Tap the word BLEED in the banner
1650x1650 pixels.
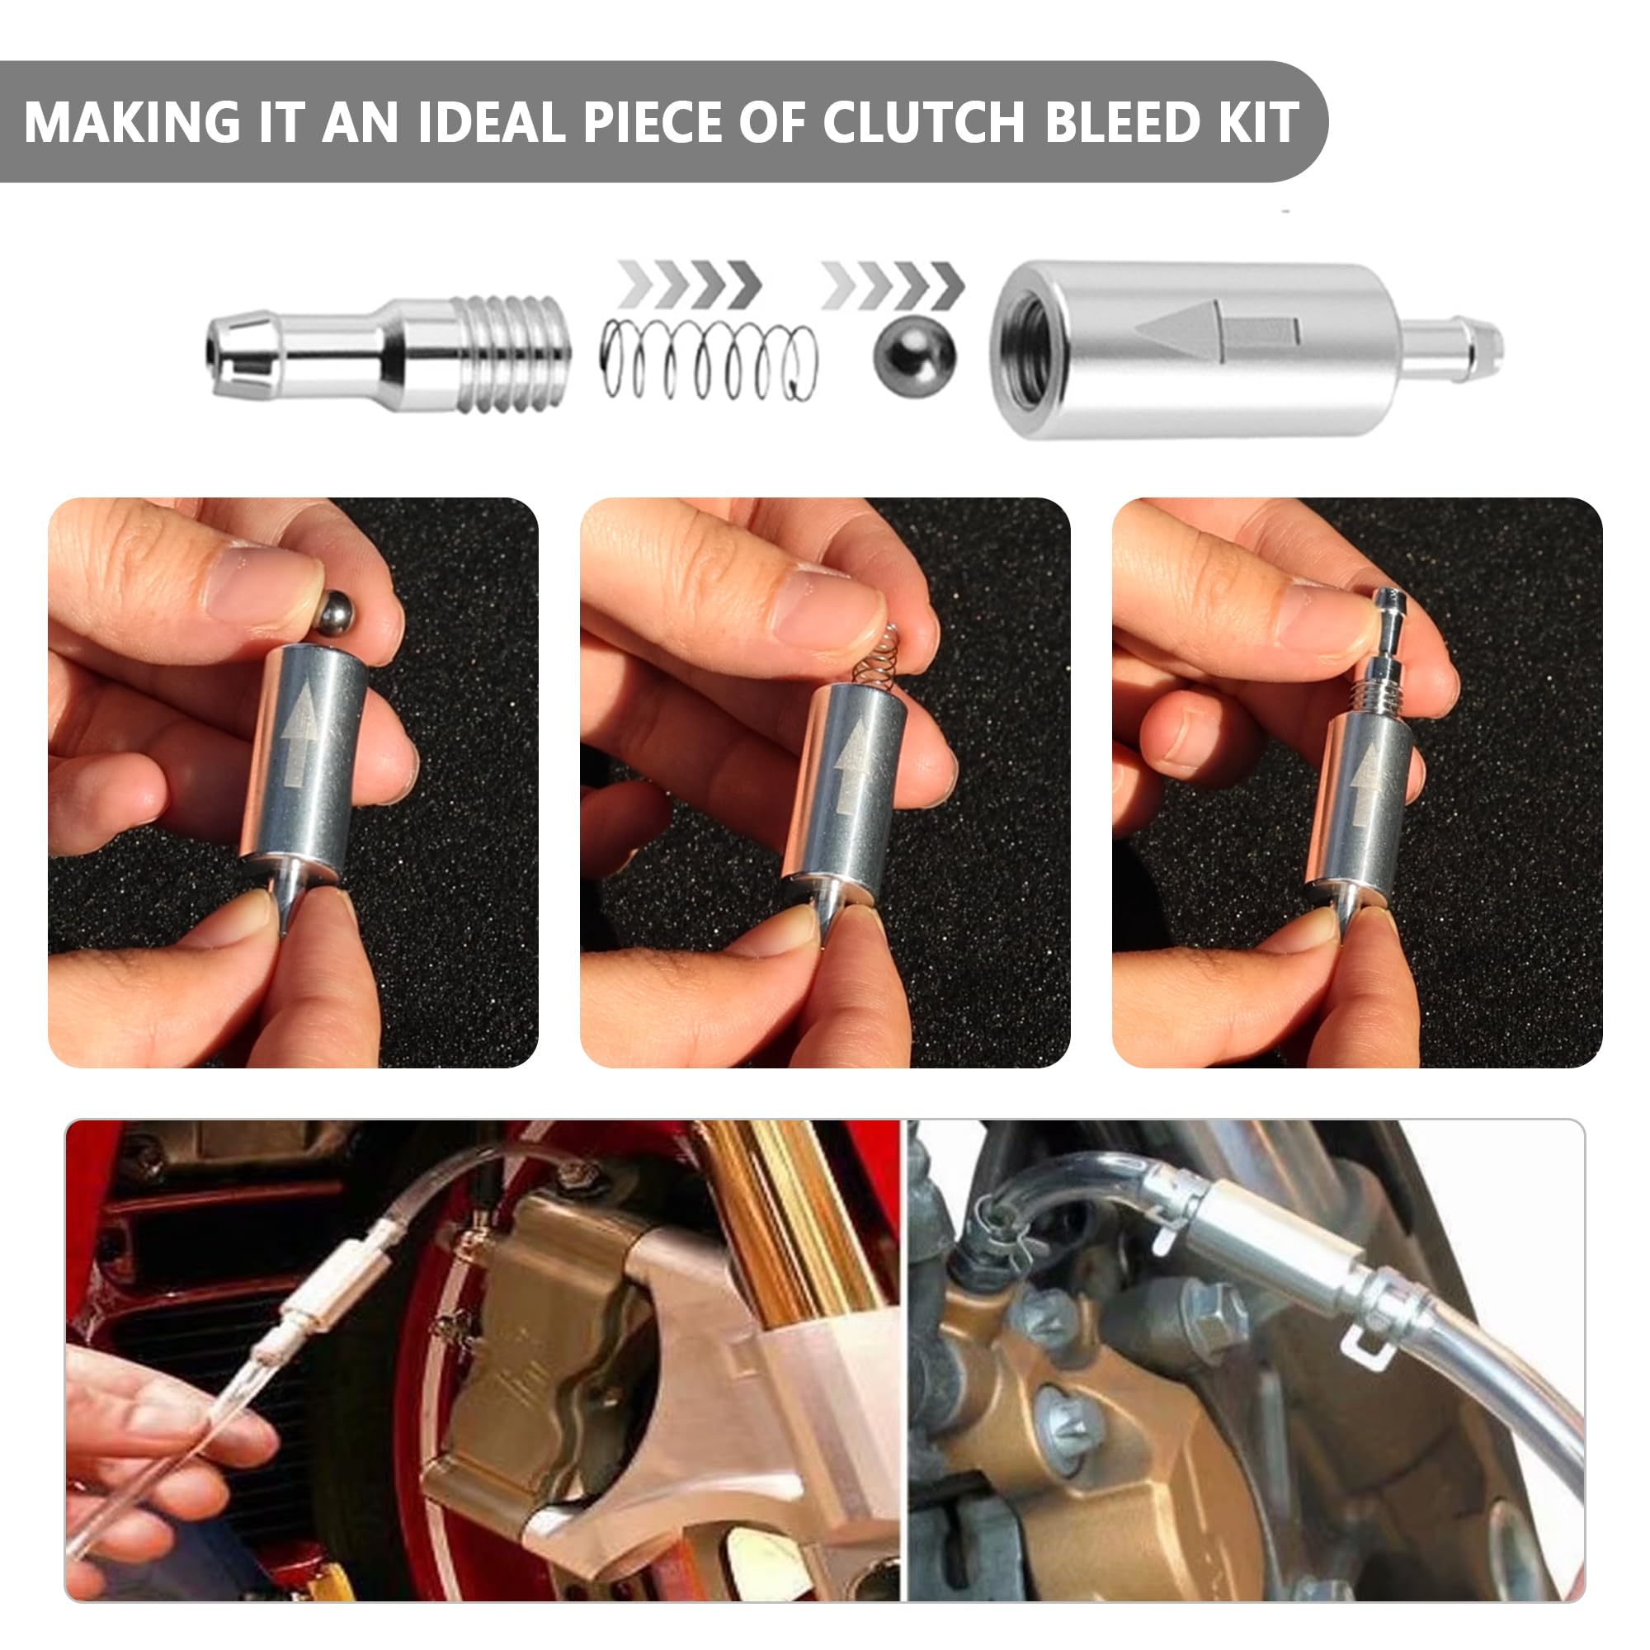1123,122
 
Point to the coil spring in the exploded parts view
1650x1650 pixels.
708,360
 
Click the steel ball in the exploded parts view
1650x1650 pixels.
915,357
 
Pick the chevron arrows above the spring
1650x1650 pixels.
690,284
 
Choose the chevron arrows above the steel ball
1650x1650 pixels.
893,284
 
